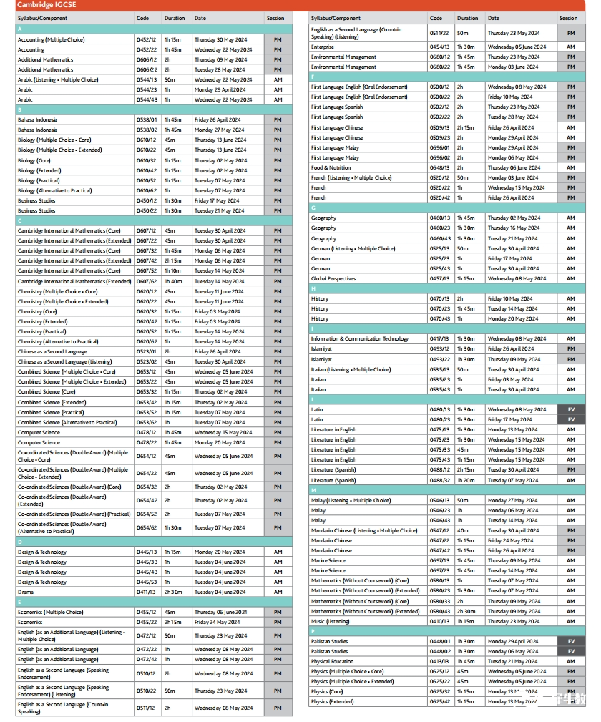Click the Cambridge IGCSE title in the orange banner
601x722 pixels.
coord(47,5)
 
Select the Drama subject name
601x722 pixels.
coord(26,592)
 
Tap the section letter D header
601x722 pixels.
coord(20,542)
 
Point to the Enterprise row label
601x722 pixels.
coord(323,47)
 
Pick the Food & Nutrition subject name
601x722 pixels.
coord(331,167)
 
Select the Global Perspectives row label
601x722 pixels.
coord(333,278)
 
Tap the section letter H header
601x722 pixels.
coord(313,288)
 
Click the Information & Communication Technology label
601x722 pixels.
coord(359,338)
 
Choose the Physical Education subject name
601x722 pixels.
coord(331,661)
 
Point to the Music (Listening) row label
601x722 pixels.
coord(330,621)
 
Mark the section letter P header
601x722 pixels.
coord(313,631)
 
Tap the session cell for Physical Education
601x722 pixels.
coord(570,661)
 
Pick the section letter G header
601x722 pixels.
coord(313,208)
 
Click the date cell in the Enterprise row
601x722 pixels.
coord(517,47)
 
